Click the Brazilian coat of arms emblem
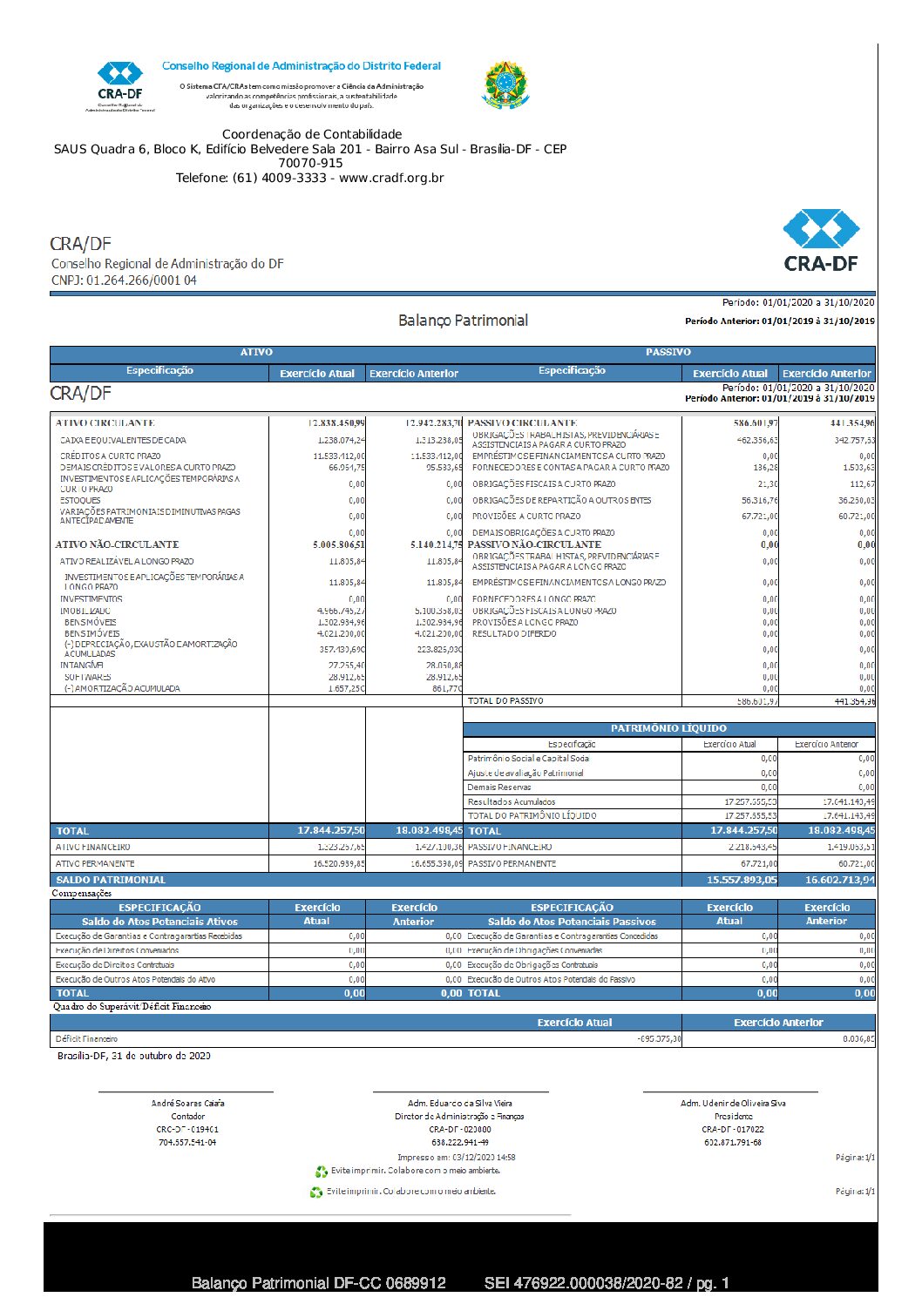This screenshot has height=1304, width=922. (505, 85)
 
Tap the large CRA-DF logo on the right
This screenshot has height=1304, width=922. (820, 240)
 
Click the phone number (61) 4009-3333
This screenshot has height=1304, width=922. (279, 178)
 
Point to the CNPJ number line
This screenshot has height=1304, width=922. (124, 280)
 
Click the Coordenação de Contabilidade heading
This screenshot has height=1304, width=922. (312, 134)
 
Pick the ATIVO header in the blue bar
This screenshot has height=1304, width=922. (256, 353)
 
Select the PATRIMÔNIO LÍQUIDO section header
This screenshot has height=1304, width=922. (668, 728)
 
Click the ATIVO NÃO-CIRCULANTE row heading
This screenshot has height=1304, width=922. (117, 544)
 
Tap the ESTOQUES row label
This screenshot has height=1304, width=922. (80, 501)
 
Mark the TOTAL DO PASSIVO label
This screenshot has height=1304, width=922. (505, 700)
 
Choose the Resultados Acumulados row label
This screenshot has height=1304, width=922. (512, 801)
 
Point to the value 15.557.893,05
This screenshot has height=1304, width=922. (742, 880)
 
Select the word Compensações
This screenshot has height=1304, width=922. (82, 893)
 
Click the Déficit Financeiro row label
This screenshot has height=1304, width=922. (86, 1038)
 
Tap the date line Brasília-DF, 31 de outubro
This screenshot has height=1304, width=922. (134, 1056)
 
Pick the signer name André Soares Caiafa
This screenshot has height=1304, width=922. (187, 1103)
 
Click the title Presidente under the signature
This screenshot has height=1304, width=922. (733, 1116)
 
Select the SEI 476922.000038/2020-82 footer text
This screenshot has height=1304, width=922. (607, 1283)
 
